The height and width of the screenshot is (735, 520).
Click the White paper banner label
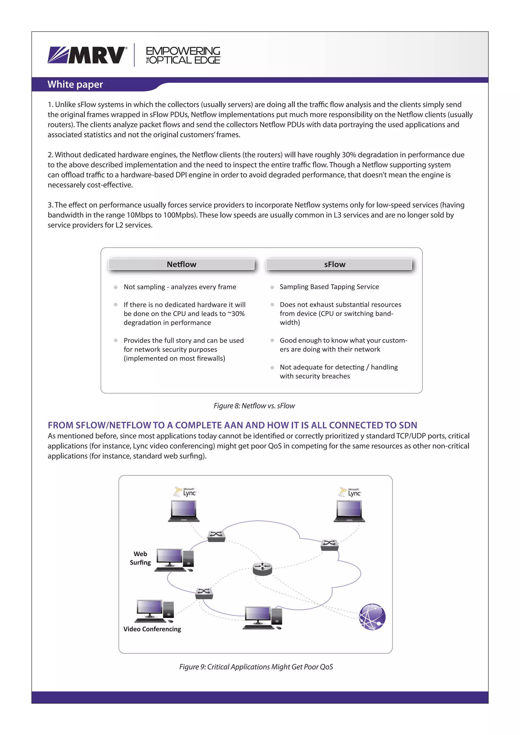[75, 85]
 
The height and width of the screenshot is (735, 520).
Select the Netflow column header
[181, 264]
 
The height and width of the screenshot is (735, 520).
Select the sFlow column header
[335, 264]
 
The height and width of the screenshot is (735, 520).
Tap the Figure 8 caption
[254, 406]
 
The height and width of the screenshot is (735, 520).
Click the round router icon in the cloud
[262, 569]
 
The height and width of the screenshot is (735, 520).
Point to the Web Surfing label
[140, 558]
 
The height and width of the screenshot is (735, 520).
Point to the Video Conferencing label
[152, 629]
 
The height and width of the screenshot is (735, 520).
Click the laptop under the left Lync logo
[184, 511]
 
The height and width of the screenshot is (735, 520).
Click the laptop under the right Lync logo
[349, 511]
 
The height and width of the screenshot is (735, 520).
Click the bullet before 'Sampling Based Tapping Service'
[272, 287]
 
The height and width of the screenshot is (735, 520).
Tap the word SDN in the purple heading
[408, 425]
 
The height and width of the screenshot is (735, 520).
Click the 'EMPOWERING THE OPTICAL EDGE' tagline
[183, 55]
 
